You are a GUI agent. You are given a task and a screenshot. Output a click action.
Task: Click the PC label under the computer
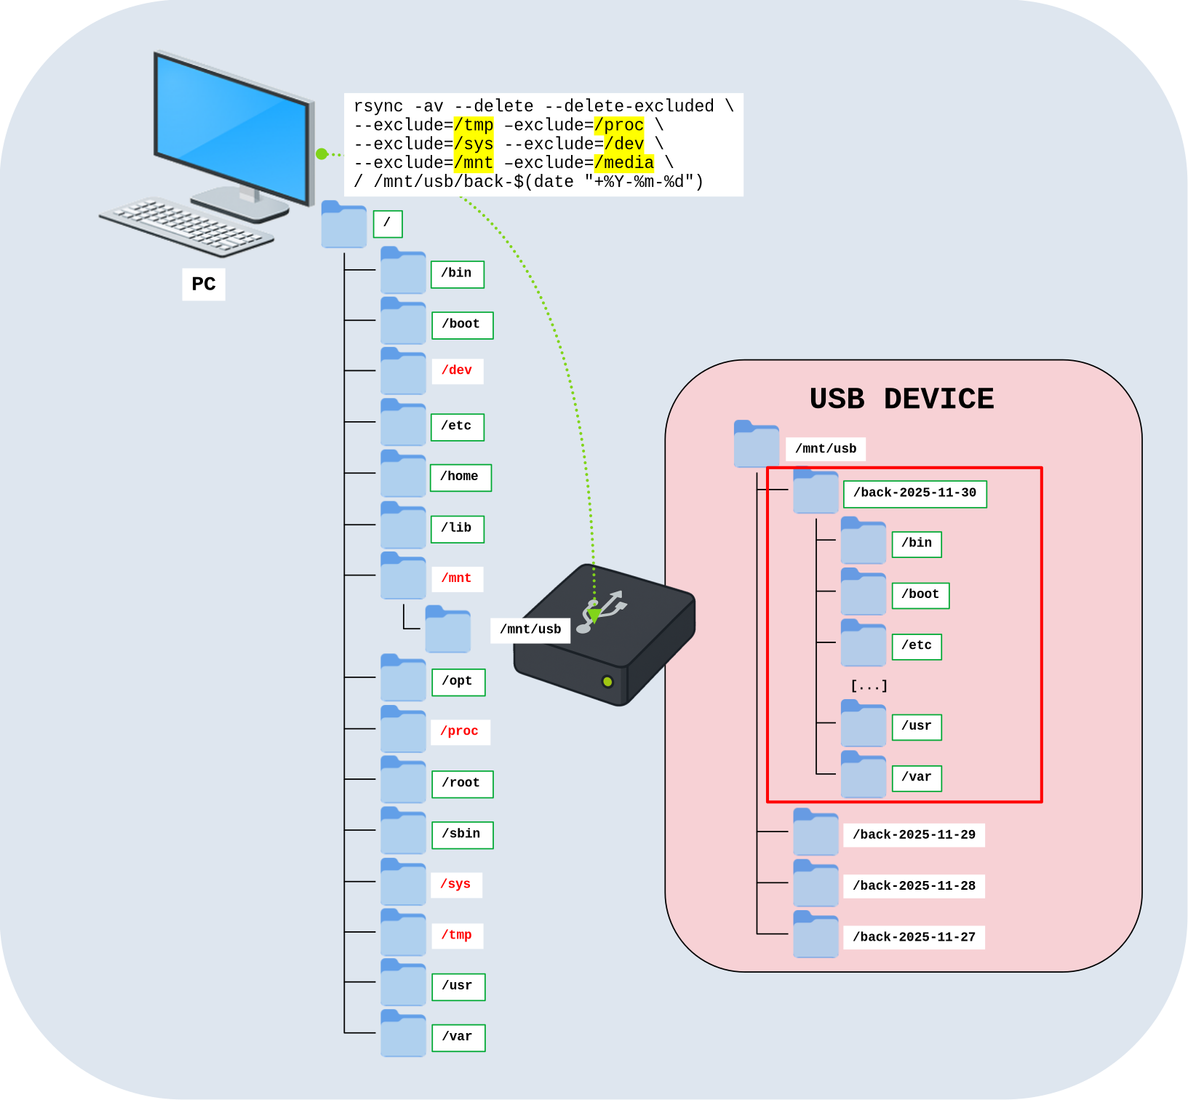click(x=204, y=284)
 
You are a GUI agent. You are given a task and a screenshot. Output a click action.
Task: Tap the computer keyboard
click(x=186, y=226)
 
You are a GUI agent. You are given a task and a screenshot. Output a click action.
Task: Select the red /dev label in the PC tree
click(x=457, y=370)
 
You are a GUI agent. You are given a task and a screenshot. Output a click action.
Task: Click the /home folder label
click(x=460, y=477)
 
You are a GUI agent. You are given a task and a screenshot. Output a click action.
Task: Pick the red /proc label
click(x=460, y=731)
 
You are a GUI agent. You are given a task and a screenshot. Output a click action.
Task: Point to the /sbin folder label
click(x=461, y=834)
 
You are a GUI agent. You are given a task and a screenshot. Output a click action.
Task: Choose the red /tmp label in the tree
click(x=457, y=935)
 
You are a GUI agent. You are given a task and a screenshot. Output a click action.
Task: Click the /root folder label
click(x=461, y=783)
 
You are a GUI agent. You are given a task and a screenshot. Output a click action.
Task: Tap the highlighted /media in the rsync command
click(x=623, y=163)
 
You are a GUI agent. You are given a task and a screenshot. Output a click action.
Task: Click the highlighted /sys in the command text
click(x=474, y=144)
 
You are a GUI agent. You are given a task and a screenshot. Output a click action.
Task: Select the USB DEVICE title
click(x=901, y=399)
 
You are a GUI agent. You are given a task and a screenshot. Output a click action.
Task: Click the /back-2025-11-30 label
click(x=914, y=493)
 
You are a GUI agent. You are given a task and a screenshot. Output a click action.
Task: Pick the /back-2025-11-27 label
click(x=914, y=937)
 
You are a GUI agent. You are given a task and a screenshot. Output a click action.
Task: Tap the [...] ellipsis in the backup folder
click(x=869, y=685)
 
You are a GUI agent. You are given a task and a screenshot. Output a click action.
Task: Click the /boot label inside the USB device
click(x=920, y=594)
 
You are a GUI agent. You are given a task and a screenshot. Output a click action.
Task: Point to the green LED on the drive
click(x=607, y=682)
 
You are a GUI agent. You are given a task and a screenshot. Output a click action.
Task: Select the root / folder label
click(x=387, y=223)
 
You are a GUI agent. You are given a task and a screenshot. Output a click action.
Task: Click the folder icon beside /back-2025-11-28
click(x=816, y=884)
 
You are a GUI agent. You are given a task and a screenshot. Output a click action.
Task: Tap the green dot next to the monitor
click(x=322, y=154)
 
